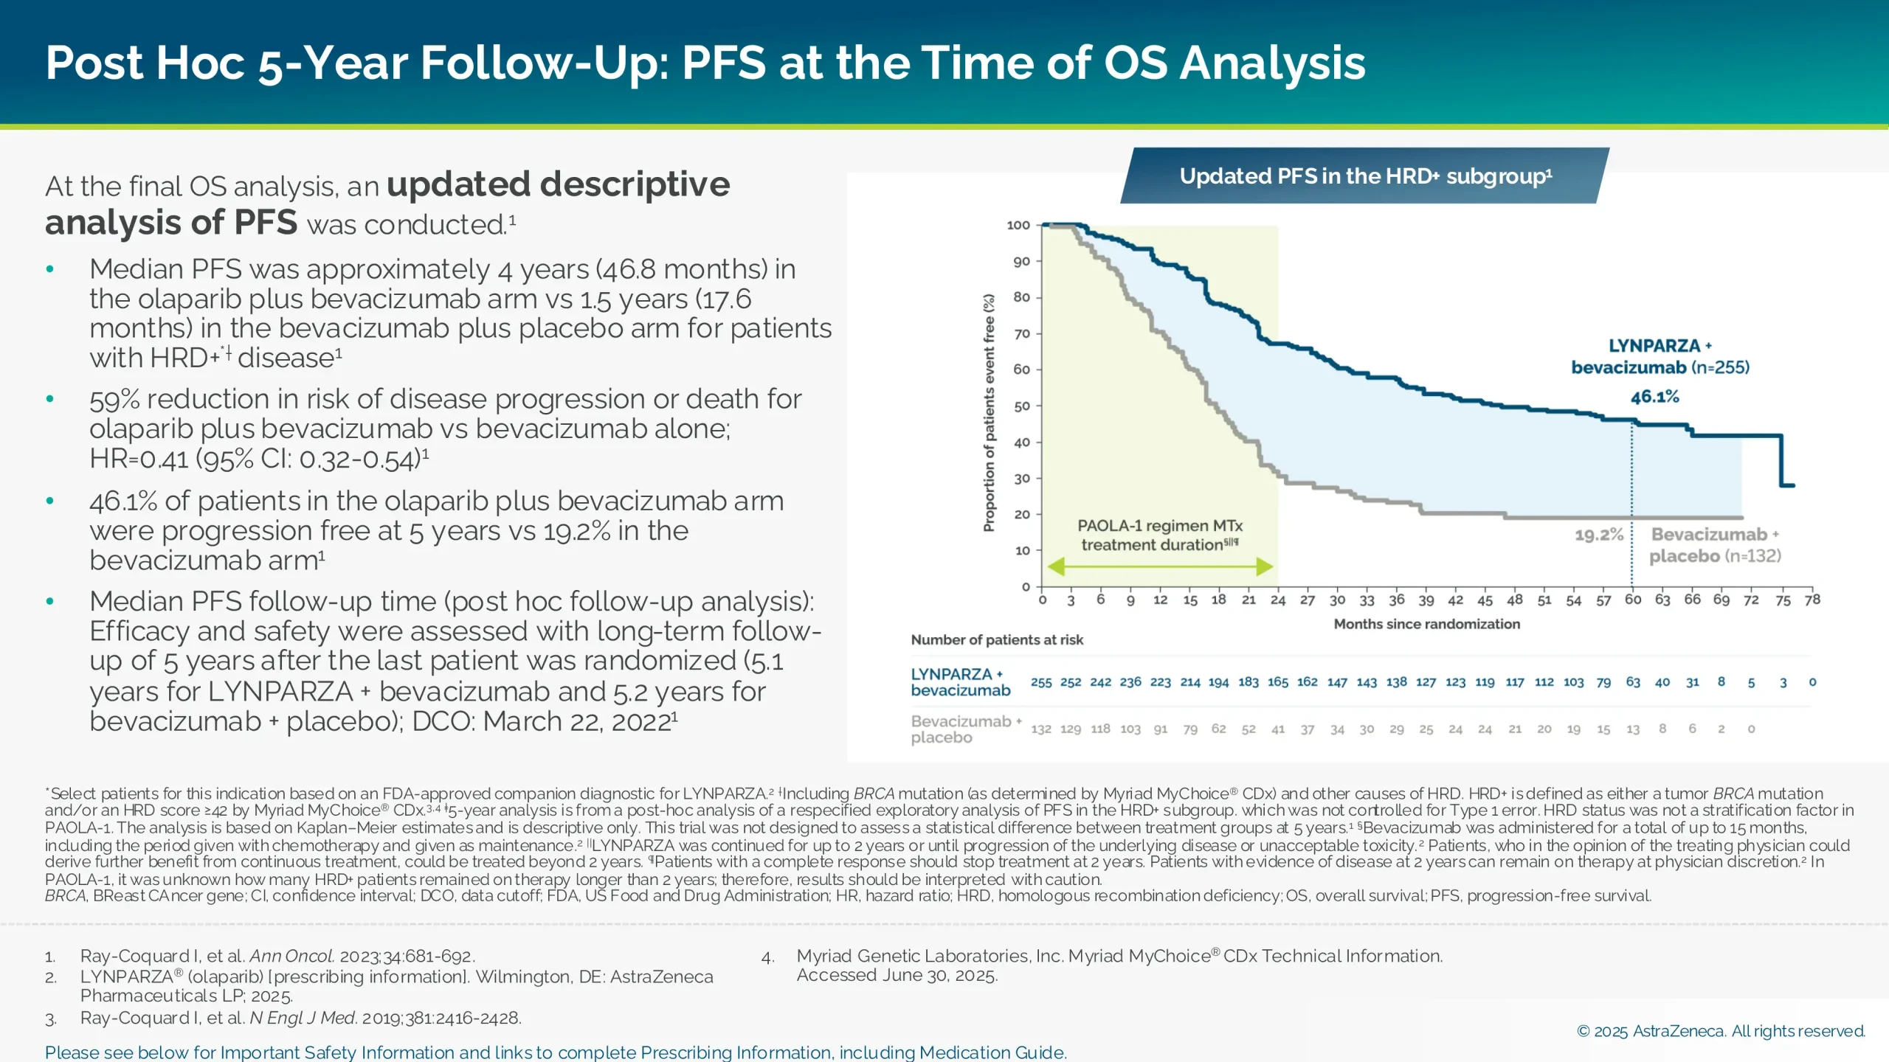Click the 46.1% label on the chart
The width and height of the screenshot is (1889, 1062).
1654,397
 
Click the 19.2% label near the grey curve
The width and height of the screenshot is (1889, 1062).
1599,535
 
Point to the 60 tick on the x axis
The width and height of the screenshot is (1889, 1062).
1632,600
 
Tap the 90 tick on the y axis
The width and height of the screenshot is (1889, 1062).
1021,262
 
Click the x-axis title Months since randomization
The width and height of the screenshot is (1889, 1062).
1426,624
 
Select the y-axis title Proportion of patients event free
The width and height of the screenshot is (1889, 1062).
989,413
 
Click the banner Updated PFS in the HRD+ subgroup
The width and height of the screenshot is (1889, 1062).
1365,176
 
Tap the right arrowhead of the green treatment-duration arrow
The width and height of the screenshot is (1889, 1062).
1264,566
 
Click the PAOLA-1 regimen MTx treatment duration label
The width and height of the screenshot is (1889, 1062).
1159,535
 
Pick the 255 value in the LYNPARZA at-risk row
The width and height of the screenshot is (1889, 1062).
1040,682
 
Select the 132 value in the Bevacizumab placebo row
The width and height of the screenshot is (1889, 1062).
1040,729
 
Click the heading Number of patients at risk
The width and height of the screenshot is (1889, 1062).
997,640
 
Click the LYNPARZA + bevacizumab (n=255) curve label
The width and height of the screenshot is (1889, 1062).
1660,357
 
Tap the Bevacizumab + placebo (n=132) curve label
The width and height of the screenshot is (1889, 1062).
1715,545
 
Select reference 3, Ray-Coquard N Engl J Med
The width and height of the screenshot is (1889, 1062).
300,1018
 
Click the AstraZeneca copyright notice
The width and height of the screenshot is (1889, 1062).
1720,1031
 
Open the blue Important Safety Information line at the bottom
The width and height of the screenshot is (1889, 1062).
555,1052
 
